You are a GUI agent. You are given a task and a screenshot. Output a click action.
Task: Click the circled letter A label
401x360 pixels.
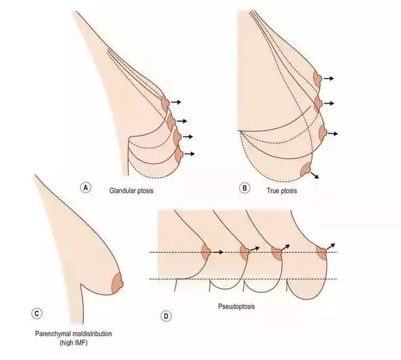tap(85, 188)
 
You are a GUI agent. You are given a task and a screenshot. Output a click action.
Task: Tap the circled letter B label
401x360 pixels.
tap(245, 188)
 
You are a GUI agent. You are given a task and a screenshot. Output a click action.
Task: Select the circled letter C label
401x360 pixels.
tap(37, 314)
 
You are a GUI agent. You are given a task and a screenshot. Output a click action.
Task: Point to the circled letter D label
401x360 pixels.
tap(166, 316)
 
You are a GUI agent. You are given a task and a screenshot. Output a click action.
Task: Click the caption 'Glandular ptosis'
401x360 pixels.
tap(131, 191)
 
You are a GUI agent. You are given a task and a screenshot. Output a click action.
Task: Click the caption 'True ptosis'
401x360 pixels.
tap(282, 191)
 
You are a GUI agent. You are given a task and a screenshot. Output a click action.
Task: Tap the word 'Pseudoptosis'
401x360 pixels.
tap(236, 306)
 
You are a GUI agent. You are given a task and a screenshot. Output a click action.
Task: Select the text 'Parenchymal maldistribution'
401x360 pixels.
tap(73, 334)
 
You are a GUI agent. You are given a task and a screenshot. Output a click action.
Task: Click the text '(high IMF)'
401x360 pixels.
tap(73, 342)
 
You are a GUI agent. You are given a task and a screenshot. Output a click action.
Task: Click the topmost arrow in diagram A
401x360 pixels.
tap(176, 102)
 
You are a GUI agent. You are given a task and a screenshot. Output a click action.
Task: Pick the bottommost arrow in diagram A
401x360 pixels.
tap(190, 154)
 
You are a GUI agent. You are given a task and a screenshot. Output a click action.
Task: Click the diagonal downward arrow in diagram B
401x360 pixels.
tap(315, 175)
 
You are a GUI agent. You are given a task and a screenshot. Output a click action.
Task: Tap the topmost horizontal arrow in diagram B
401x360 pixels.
tap(329, 79)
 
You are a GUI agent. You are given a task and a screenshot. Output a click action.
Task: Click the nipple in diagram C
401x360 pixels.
tap(118, 283)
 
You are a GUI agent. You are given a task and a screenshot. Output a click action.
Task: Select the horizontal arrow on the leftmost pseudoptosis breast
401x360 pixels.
tap(218, 252)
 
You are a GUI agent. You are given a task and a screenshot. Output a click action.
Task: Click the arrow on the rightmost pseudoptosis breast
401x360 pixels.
tap(331, 246)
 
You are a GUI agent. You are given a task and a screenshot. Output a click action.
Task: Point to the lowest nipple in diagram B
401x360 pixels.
tap(307, 169)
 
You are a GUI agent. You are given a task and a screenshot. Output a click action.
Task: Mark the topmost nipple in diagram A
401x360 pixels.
tap(166, 103)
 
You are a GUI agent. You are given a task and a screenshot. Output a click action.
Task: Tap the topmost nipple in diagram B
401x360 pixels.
tap(318, 79)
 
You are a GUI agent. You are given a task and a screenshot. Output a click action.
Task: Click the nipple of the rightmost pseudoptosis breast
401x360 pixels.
tap(322, 252)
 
